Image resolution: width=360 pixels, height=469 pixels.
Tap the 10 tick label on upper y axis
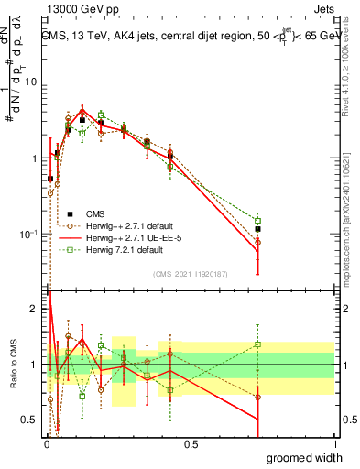(x=31, y=82)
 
